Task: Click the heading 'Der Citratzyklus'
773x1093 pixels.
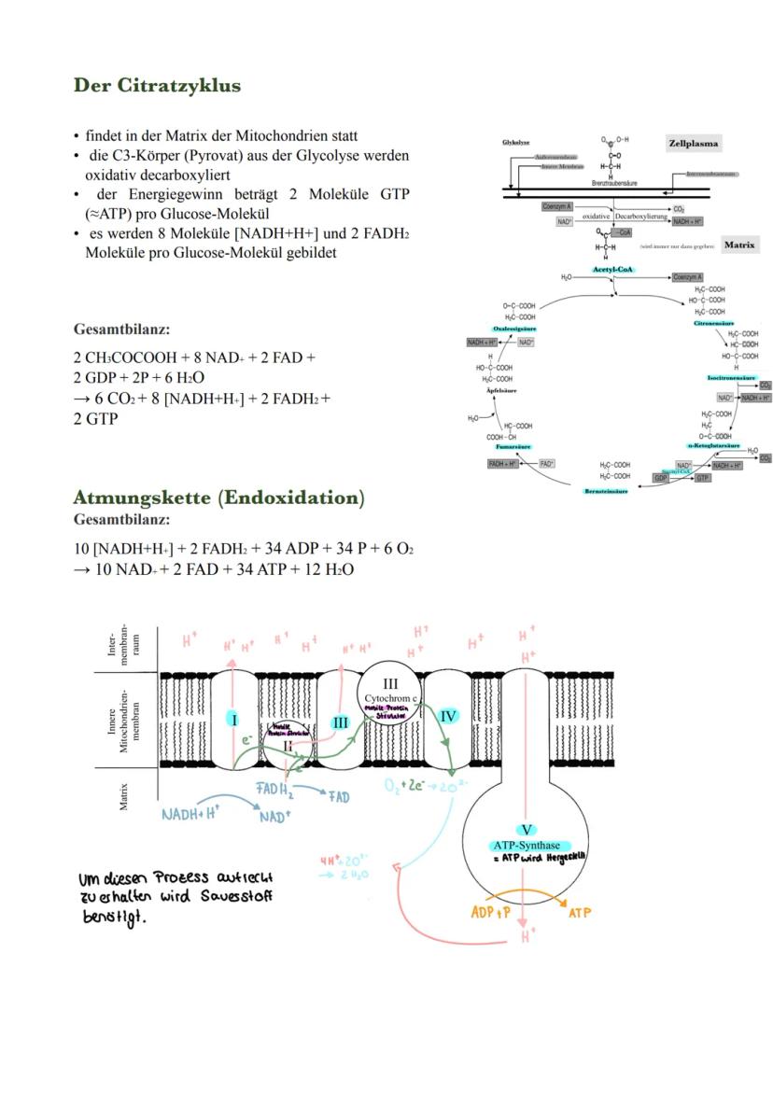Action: click(157, 86)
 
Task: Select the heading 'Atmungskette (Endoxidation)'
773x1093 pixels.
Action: click(218, 497)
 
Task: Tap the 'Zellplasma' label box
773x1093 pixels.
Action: click(693, 144)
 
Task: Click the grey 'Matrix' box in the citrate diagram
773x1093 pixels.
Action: click(738, 245)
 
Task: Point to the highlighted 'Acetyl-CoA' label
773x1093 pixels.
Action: click(612, 270)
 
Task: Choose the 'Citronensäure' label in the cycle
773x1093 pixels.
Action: click(712, 323)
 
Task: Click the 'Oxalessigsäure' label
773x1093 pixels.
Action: click(514, 329)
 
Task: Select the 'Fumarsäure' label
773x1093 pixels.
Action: click(513, 447)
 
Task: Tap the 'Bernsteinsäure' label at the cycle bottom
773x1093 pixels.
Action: click(606, 491)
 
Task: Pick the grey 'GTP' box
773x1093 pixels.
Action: click(703, 477)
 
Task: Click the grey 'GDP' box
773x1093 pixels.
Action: click(661, 477)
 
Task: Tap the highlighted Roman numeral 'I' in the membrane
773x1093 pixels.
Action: click(234, 720)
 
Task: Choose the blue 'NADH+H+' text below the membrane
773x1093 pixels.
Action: click(190, 814)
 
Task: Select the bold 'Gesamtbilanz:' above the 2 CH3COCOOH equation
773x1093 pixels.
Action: click(121, 329)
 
